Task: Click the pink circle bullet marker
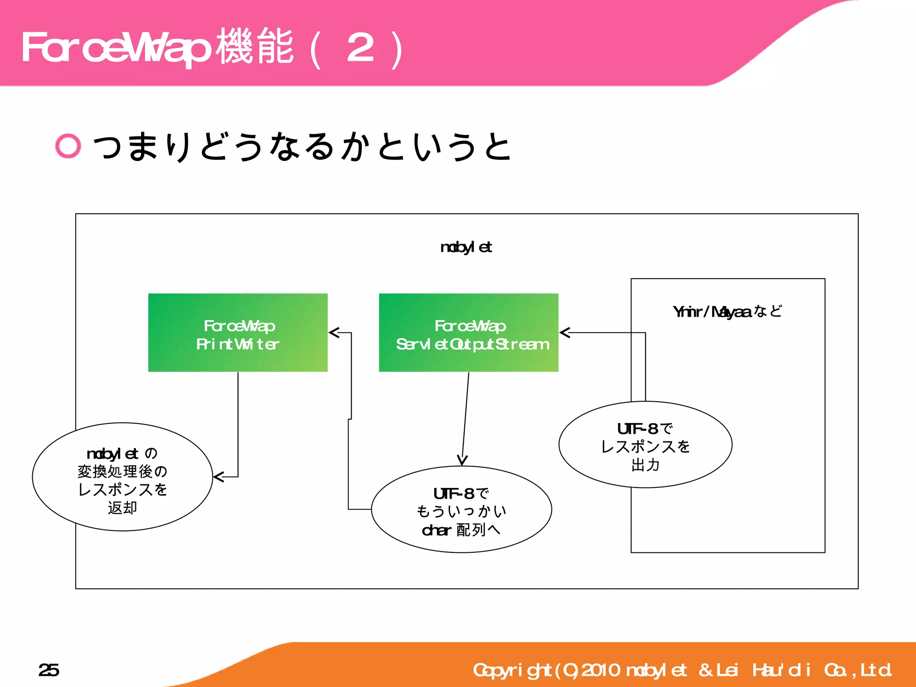[68, 146]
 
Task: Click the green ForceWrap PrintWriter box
[237, 332]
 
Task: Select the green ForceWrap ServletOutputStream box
[468, 332]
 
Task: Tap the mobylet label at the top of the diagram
[466, 247]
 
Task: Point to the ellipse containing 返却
[122, 477]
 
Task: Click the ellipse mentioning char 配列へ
[461, 509]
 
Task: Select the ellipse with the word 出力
[645, 445]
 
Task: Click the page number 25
[48, 670]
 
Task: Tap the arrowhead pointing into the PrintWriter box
[333, 332]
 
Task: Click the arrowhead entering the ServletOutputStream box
[564, 332]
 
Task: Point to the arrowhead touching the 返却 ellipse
[218, 477]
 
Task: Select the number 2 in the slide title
[360, 48]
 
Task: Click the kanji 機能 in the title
[255, 47]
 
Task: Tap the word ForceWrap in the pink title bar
[116, 48]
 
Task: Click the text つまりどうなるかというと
[302, 146]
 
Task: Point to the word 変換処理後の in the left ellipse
[122, 471]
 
